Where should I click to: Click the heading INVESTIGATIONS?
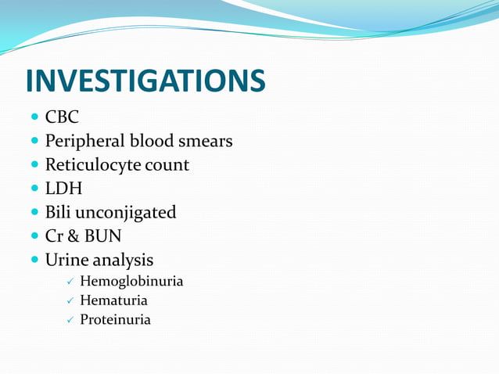point(145,81)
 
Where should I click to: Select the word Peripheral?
point(81,142)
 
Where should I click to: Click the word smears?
point(209,142)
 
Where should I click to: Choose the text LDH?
point(63,189)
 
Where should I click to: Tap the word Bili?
point(58,212)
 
